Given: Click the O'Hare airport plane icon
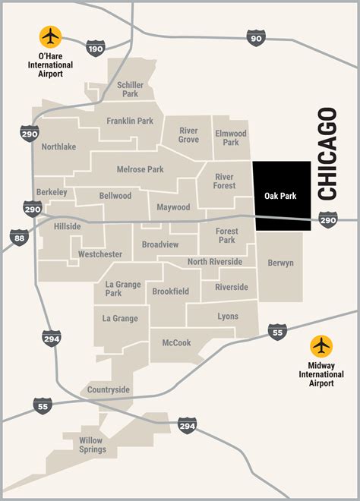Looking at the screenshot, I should tap(52, 36).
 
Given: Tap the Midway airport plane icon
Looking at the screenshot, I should tap(321, 346).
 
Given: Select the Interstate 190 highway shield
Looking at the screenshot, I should tap(94, 49).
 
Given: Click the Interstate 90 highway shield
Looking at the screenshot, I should tap(256, 38).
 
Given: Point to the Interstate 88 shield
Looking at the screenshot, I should tap(20, 238).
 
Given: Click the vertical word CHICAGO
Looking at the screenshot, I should tap(327, 154).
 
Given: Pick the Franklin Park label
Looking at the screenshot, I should tap(130, 120).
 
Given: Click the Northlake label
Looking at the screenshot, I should tap(58, 147).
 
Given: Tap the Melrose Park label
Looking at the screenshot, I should tap(140, 169).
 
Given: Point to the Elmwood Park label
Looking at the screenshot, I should tap(231, 138).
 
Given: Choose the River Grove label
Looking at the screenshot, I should tap(188, 135).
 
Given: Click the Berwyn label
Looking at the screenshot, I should tap(280, 263).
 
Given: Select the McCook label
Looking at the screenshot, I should tap(177, 342).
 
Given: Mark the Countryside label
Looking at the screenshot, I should tap(109, 389).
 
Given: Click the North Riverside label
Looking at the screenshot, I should tap(215, 262).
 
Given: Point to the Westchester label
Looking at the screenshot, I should tap(100, 254).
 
